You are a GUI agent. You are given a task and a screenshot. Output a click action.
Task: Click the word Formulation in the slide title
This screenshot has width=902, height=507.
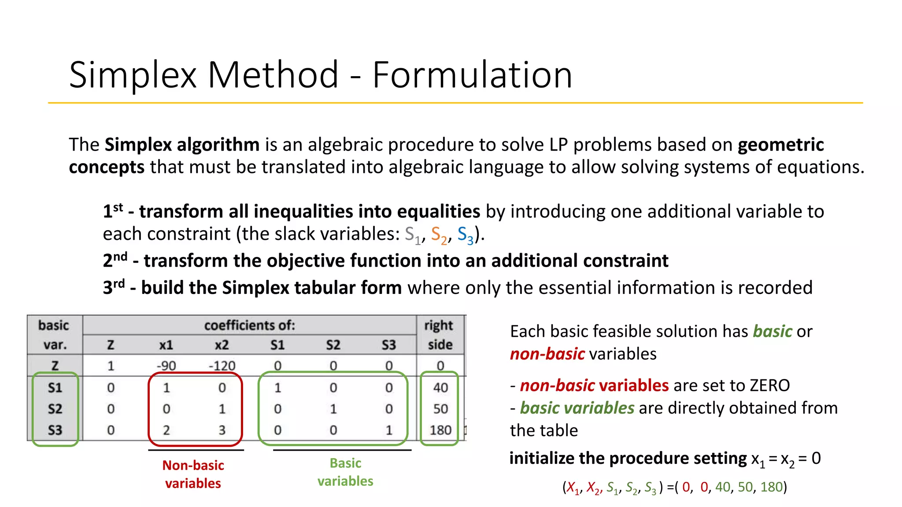472,75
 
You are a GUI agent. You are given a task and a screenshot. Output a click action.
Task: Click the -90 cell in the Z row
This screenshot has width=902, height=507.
166,366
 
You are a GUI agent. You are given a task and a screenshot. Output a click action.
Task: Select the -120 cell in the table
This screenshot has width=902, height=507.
222,366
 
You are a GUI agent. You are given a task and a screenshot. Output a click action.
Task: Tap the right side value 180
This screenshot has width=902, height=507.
440,430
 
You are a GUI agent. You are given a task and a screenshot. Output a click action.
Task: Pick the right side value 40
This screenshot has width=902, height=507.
440,388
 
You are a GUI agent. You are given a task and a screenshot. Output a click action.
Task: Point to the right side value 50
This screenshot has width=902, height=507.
440,409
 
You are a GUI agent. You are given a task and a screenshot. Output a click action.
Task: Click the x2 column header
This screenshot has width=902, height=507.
222,345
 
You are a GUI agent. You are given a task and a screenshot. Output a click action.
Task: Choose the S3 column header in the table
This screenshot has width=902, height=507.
388,345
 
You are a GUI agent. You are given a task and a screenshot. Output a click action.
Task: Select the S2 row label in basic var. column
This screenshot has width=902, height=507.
55,409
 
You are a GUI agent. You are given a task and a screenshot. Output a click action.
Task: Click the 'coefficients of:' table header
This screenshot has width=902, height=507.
249,326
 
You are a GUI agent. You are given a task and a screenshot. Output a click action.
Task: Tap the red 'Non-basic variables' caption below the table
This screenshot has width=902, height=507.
193,474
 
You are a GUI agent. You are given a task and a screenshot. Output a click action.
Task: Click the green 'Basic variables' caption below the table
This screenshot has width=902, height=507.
345,472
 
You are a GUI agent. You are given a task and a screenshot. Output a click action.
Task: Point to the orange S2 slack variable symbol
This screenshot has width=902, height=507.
439,235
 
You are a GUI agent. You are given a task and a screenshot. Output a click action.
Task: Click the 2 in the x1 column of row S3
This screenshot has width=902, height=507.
166,430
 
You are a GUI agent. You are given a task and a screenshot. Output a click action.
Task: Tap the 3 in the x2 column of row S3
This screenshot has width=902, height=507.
222,430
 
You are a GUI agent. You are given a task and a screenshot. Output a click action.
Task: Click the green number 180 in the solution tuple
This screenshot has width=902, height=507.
771,487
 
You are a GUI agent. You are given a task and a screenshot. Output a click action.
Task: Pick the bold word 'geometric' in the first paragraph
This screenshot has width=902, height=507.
780,145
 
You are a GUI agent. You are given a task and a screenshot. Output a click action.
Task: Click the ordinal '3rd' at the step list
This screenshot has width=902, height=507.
114,287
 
